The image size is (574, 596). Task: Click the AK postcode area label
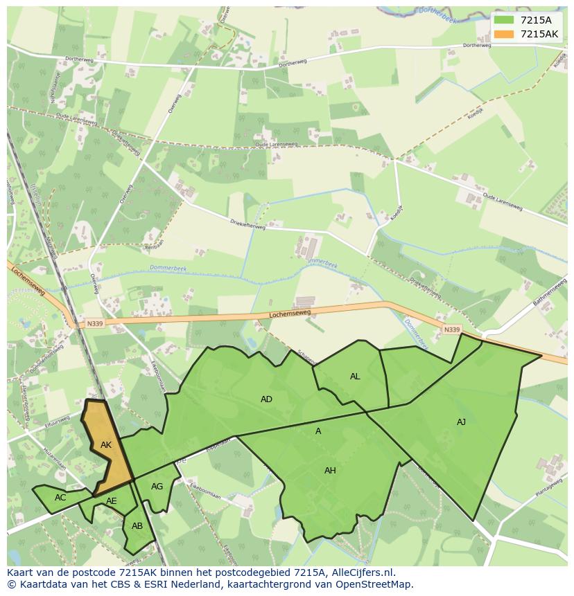click(x=105, y=445)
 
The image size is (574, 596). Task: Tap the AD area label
click(x=266, y=399)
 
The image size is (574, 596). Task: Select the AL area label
click(x=355, y=377)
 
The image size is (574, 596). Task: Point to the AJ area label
click(x=461, y=422)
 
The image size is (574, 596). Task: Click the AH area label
click(x=330, y=471)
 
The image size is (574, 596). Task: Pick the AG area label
click(x=157, y=487)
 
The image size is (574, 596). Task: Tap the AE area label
click(x=112, y=501)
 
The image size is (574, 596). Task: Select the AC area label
click(x=60, y=498)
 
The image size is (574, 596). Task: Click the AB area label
click(x=137, y=526)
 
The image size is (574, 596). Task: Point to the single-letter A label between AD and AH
click(x=318, y=431)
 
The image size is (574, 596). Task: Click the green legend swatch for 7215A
click(x=505, y=20)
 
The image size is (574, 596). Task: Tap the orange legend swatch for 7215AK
click(x=505, y=34)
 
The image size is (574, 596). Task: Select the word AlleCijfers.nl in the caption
click(x=362, y=572)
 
